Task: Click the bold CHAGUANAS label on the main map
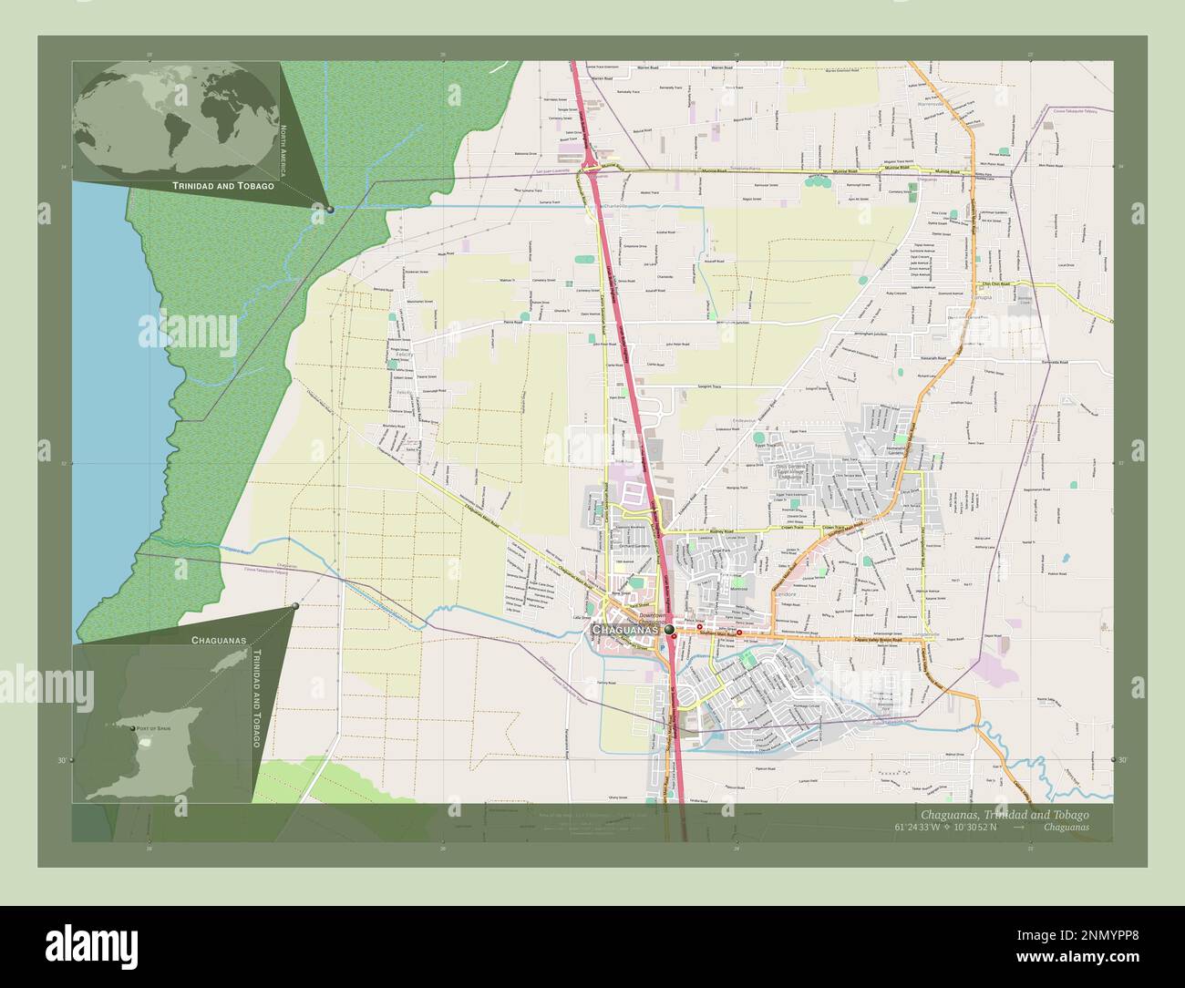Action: click(x=625, y=630)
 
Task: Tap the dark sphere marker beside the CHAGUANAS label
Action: click(x=670, y=630)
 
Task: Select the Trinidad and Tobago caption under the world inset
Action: click(x=223, y=185)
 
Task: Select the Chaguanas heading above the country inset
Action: click(x=219, y=641)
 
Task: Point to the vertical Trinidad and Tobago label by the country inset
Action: click(x=256, y=699)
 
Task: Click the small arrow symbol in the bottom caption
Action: click(x=1018, y=828)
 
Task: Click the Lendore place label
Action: click(x=786, y=594)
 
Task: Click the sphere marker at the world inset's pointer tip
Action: click(x=330, y=210)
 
